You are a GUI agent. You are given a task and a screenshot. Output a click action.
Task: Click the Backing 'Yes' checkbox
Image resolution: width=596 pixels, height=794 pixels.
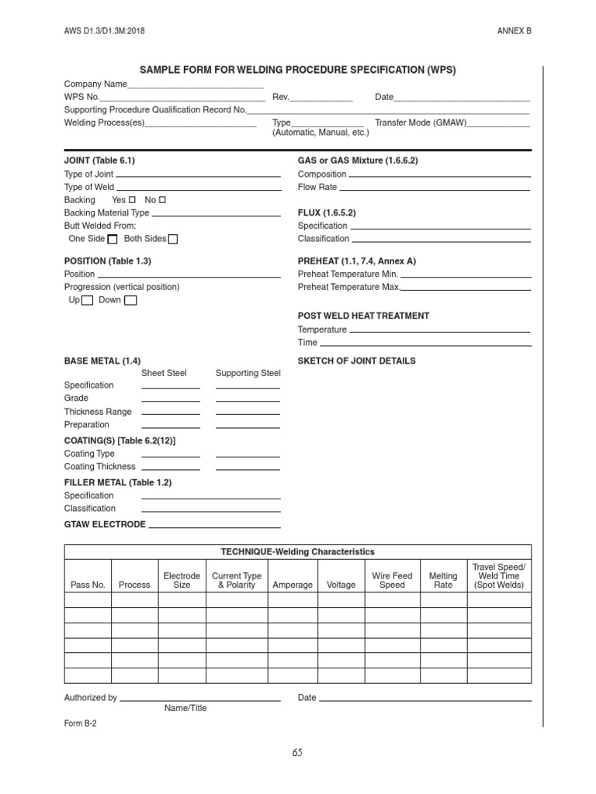132,200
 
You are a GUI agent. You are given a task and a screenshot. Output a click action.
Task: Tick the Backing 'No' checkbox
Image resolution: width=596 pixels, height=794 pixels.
162,200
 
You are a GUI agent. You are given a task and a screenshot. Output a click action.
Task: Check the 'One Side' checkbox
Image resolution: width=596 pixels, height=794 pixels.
113,239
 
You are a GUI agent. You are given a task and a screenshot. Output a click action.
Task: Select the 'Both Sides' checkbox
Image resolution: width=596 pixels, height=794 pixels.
173,239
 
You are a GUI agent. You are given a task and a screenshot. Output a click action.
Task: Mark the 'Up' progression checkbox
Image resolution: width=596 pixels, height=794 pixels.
88,301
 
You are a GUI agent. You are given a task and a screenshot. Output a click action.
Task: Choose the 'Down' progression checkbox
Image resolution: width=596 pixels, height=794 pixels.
130,301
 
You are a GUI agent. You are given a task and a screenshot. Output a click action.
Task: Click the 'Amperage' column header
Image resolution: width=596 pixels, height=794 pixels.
293,585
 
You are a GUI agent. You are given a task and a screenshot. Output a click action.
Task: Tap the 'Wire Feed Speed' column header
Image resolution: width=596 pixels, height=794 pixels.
392,581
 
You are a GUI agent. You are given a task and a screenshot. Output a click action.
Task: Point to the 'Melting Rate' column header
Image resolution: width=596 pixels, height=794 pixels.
443,581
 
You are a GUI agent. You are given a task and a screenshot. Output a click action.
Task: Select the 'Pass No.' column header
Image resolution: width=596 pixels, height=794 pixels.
88,585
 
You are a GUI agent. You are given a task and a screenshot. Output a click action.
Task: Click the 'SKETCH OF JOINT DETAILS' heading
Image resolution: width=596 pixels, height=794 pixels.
356,361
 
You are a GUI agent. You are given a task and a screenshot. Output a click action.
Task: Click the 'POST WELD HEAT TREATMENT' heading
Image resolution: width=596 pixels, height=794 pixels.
363,316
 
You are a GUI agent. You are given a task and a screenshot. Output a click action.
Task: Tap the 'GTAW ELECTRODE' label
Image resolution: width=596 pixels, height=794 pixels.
104,524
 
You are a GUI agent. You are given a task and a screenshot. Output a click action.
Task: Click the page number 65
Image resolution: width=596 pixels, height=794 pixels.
298,752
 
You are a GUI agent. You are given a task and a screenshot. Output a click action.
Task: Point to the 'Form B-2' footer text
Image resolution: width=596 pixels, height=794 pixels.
80,722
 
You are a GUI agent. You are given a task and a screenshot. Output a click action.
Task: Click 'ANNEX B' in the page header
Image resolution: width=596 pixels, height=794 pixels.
515,30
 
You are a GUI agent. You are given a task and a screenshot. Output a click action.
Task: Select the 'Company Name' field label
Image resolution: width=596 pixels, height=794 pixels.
95,84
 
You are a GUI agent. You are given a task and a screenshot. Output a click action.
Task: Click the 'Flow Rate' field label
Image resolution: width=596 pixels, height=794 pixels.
317,187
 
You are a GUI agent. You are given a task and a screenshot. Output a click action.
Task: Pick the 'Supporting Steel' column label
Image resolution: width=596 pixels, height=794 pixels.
248,373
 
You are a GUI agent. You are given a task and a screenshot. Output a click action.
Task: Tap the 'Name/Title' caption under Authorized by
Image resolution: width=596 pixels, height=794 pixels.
185,708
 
